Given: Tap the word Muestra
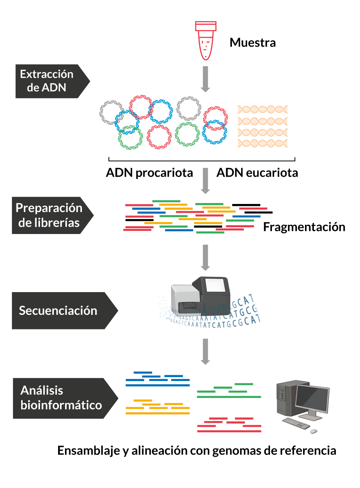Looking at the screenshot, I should tap(253, 42).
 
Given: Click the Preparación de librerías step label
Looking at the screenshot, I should tap(49, 216).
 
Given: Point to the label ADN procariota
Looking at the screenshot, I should tap(149, 173).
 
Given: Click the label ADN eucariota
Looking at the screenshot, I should tap(257, 173).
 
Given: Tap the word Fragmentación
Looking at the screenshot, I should tap(304, 227).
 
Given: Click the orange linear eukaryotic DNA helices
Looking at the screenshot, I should tap(263, 126).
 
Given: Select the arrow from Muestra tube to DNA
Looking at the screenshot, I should tap(206, 79).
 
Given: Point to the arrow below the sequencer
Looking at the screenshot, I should tap(206, 351).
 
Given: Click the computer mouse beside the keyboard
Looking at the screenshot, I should tap(313, 431).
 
